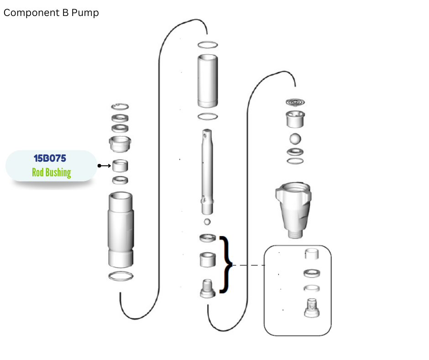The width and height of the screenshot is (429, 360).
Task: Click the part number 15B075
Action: tap(50, 159)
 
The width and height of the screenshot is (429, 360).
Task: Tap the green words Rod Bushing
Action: tap(52, 173)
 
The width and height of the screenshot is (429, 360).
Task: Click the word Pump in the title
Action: tap(85, 13)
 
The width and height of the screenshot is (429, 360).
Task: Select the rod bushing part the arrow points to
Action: tap(120, 165)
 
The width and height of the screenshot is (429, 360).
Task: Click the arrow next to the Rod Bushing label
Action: tap(104, 166)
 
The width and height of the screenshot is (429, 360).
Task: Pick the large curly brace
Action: tap(226, 265)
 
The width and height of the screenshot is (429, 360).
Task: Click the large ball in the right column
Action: tap(295, 138)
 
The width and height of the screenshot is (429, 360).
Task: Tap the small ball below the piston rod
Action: tap(207, 222)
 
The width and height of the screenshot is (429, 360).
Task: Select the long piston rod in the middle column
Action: tap(207, 172)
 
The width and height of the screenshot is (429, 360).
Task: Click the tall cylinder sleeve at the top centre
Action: tap(208, 81)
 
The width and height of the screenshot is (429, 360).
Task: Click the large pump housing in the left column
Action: tap(120, 230)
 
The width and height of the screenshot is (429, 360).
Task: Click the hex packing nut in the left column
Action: tap(120, 144)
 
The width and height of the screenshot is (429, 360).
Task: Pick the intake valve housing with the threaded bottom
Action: tap(293, 210)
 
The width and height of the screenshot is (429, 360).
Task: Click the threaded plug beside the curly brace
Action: tap(208, 288)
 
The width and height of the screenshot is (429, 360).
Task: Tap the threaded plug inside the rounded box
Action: tap(312, 308)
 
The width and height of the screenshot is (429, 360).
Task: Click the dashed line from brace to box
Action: tap(248, 265)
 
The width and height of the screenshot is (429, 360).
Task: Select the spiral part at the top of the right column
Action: tap(295, 102)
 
